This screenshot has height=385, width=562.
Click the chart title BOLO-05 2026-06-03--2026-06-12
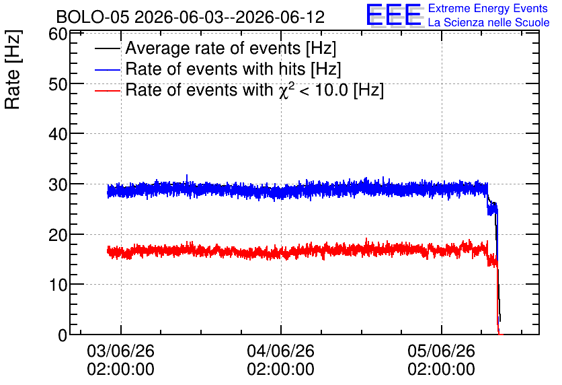tap(190, 17)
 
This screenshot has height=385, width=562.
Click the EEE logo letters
tap(394, 15)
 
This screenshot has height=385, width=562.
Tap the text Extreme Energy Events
tap(488, 8)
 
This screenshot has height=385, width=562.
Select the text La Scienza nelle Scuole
tap(489, 22)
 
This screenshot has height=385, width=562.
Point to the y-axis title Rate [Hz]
tap(13, 69)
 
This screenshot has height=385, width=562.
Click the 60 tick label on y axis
tap(57, 34)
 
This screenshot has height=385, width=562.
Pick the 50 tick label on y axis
tap(57, 85)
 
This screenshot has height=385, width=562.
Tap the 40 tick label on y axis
tap(57, 135)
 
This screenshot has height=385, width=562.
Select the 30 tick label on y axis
tap(57, 185)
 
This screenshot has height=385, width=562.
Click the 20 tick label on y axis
tap(57, 235)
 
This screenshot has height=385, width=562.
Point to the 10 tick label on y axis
tap(57, 285)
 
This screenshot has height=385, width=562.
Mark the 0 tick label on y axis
tap(63, 335)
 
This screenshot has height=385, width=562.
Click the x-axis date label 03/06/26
tap(121, 351)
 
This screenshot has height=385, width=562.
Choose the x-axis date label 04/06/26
tap(280, 351)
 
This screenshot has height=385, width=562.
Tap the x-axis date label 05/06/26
tap(441, 351)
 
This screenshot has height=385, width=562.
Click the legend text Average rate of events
tap(213, 48)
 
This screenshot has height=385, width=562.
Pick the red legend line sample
tap(107, 91)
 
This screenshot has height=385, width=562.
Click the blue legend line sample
tap(107, 70)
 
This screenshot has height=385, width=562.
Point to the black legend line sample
tap(107, 49)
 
